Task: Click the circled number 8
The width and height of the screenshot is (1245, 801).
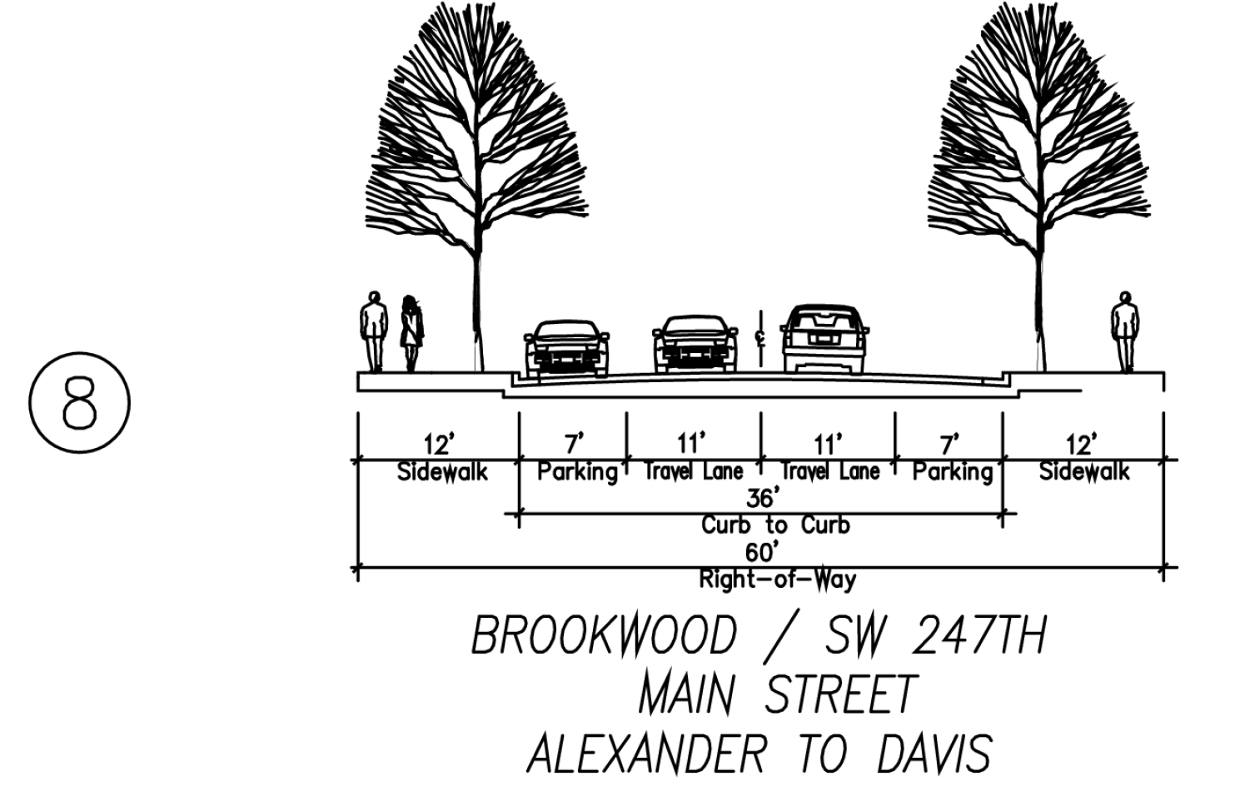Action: (80, 404)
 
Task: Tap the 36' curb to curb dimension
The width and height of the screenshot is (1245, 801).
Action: (761, 499)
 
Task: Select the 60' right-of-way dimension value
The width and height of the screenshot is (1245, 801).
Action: (763, 552)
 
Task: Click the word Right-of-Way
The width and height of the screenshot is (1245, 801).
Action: (777, 579)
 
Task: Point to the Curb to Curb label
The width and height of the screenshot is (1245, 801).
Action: (775, 525)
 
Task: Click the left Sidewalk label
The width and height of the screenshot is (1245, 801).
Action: (441, 472)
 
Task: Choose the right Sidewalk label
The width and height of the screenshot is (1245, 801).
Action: (1083, 472)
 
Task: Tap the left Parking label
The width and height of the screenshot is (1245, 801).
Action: (577, 472)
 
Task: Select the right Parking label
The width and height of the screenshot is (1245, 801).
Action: (953, 472)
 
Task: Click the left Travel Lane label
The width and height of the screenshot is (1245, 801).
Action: (693, 472)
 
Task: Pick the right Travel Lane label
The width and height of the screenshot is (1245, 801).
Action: (829, 472)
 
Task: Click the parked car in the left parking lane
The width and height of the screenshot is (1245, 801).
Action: (566, 348)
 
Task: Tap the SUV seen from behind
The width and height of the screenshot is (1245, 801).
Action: (825, 339)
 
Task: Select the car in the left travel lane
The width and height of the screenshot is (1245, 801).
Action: (695, 344)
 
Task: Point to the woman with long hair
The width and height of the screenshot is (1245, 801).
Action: (411, 333)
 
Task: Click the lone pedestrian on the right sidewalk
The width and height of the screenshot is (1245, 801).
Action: (1124, 331)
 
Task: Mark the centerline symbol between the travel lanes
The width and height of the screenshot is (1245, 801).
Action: (759, 337)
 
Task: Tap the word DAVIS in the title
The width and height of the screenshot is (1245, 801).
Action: (934, 754)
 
